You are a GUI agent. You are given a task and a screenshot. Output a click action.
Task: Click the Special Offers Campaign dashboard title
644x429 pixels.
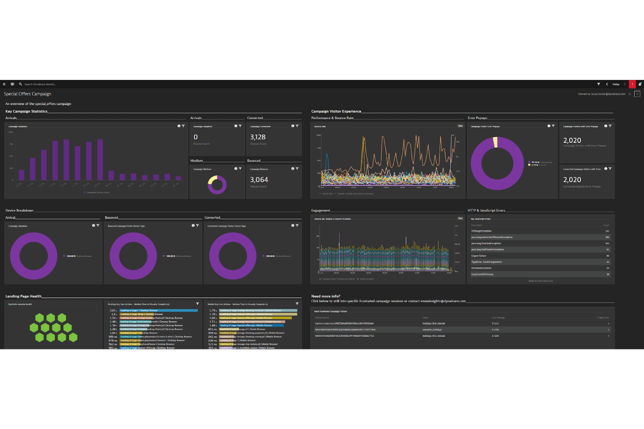tap(27, 94)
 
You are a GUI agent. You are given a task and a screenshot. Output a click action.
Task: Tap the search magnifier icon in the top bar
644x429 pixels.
tap(20, 84)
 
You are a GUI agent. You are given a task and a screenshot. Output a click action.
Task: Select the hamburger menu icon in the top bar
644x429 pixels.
tap(4, 84)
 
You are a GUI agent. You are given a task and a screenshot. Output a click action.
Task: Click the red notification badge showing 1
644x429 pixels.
tap(632, 84)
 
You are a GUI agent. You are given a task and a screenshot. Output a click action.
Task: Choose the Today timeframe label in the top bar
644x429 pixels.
tap(616, 84)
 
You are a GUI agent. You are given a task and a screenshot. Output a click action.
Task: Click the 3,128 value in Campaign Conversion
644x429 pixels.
tap(258, 137)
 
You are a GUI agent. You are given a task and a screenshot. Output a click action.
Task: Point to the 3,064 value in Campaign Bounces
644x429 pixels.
tap(259, 180)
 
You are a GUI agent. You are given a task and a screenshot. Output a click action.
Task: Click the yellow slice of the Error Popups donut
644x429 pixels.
tap(495, 143)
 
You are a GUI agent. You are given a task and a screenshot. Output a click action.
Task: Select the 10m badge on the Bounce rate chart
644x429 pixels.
tap(460, 126)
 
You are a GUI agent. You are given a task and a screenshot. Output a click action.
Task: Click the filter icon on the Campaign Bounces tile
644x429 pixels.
tap(297, 169)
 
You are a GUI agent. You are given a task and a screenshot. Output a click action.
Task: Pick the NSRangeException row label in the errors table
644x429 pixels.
tap(481, 231)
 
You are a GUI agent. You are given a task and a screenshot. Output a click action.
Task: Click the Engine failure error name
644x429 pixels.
tap(479, 256)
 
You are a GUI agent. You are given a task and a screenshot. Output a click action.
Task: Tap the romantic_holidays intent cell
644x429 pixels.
tap(432, 330)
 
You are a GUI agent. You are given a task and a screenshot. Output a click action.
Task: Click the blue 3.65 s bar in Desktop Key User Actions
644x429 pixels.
tap(158, 310)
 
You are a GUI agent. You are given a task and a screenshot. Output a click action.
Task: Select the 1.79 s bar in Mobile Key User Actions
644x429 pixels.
tap(258, 310)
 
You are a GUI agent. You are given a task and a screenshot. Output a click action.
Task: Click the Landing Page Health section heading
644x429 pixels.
tap(23, 296)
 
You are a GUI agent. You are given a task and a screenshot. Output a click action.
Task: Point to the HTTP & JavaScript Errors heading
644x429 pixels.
tap(486, 210)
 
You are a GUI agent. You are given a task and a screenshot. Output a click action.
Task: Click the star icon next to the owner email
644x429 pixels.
tap(630, 94)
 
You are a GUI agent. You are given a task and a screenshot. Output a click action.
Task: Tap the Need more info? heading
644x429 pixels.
tap(325, 296)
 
